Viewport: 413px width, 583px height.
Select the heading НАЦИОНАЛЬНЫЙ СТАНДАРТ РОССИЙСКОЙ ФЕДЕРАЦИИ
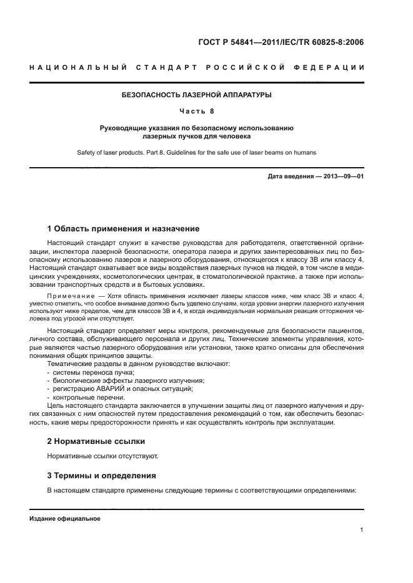[197, 67]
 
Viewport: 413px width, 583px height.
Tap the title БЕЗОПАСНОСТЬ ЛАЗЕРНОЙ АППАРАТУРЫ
[196, 95]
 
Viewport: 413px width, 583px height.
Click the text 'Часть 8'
[196, 111]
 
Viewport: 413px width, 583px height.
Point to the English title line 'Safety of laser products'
[196, 152]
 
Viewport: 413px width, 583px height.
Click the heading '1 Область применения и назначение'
[123, 229]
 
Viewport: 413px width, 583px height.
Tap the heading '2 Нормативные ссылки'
[96, 441]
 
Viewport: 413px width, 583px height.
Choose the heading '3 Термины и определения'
[101, 475]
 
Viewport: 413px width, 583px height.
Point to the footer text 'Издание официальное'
[65, 519]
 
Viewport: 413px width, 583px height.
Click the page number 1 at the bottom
[362, 530]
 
